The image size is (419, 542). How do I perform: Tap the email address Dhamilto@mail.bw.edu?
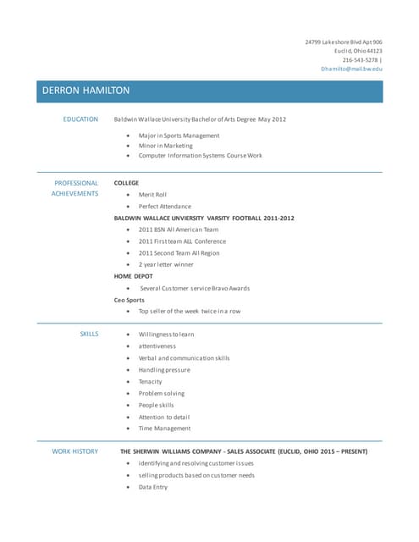tap(351, 69)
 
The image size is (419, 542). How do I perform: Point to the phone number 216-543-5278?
tap(360, 59)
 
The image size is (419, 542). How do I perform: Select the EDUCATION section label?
tap(80, 119)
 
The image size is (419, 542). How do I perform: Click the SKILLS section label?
tap(89, 335)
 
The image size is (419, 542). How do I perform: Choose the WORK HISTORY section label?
tap(75, 451)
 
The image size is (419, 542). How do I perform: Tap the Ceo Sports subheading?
tap(130, 300)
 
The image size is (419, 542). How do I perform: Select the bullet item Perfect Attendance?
tap(165, 207)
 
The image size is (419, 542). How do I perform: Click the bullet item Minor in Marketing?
tap(166, 146)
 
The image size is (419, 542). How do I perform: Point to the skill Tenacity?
tap(151, 382)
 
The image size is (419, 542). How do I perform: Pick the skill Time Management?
tap(164, 429)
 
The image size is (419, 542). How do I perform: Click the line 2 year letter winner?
tap(166, 264)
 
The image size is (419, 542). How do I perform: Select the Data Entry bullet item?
tap(153, 487)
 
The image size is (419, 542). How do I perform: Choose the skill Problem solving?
tap(162, 394)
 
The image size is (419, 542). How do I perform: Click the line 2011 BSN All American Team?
tap(179, 230)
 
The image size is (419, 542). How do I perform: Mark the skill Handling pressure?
tap(164, 370)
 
